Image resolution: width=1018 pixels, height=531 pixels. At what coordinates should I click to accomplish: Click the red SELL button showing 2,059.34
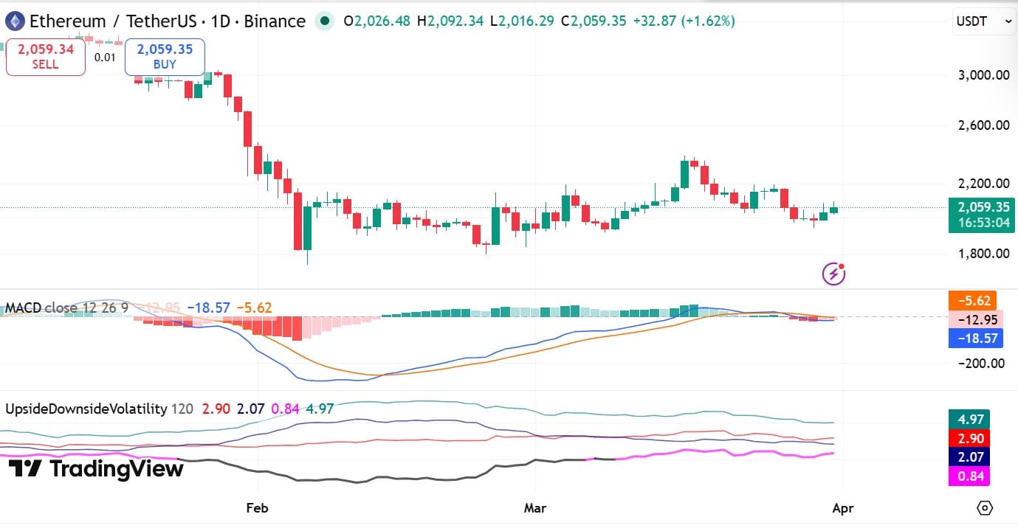pyautogui.click(x=45, y=57)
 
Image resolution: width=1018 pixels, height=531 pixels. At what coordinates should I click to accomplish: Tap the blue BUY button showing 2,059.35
pyautogui.click(x=165, y=57)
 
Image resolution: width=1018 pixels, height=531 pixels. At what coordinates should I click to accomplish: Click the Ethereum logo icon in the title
pyautogui.click(x=14, y=21)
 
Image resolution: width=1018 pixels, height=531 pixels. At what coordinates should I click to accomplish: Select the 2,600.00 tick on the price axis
pyautogui.click(x=978, y=125)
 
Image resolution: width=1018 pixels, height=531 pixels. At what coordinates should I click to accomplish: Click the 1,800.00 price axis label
pyautogui.click(x=978, y=254)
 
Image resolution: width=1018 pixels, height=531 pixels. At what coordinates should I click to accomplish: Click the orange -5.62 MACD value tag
pyautogui.click(x=972, y=301)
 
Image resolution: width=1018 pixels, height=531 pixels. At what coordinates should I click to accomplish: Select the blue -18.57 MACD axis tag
pyautogui.click(x=972, y=339)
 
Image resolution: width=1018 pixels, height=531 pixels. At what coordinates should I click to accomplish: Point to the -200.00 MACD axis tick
pyautogui.click(x=977, y=363)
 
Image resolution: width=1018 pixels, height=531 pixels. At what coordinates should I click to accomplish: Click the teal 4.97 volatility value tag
pyautogui.click(x=969, y=420)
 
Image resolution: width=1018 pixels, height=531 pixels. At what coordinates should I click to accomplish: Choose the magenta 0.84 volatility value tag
pyautogui.click(x=969, y=476)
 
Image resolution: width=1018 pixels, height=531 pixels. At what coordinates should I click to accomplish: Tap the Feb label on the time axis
pyautogui.click(x=257, y=508)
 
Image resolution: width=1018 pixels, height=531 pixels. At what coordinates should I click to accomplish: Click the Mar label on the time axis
pyautogui.click(x=534, y=508)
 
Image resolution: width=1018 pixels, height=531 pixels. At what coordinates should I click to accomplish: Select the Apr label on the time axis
pyautogui.click(x=842, y=508)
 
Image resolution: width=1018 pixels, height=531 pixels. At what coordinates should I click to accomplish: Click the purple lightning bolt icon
pyautogui.click(x=833, y=274)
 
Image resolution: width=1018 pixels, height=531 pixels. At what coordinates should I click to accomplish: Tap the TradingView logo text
pyautogui.click(x=96, y=468)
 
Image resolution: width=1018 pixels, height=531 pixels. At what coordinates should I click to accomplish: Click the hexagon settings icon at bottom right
pyautogui.click(x=985, y=508)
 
